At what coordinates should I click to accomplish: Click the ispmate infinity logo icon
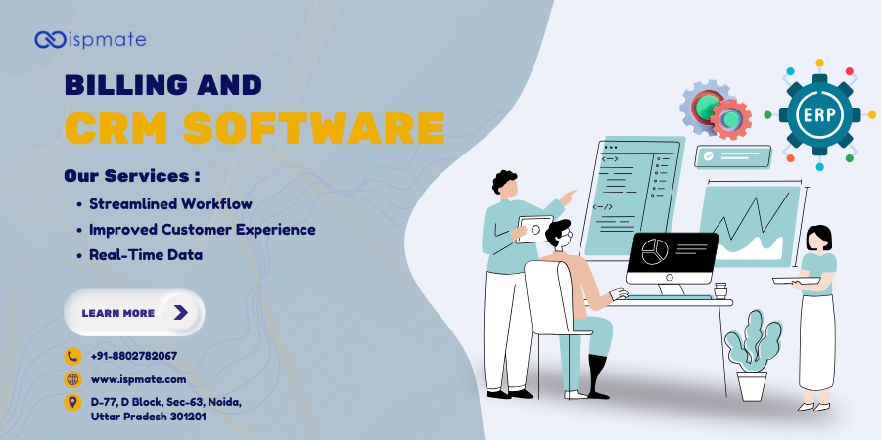pyautogui.click(x=50, y=39)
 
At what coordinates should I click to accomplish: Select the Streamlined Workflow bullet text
pyautogui.click(x=170, y=204)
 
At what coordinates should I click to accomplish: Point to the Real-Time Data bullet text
pyautogui.click(x=146, y=254)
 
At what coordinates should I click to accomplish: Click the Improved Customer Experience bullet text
pyautogui.click(x=202, y=230)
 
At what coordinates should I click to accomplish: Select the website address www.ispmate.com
pyautogui.click(x=138, y=379)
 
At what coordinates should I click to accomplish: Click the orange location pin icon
pyautogui.click(x=72, y=402)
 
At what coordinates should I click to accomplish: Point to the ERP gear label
pyautogui.click(x=819, y=114)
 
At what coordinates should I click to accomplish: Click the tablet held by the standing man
pyautogui.click(x=535, y=229)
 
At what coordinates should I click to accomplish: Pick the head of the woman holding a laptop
pyautogui.click(x=817, y=239)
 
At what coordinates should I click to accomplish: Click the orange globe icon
pyautogui.click(x=72, y=379)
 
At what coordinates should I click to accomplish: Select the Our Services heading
pyautogui.click(x=132, y=176)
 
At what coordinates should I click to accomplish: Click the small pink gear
pyautogui.click(x=729, y=119)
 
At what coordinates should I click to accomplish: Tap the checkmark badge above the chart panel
pyautogui.click(x=710, y=155)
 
